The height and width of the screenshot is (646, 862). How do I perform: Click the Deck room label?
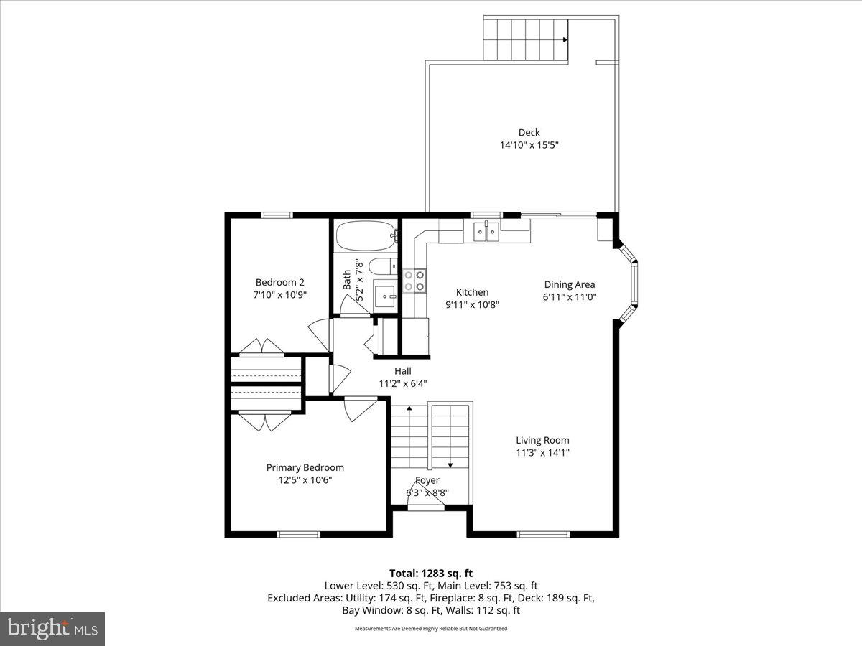click(529, 132)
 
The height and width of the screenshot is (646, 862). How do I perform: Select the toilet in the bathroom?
click(381, 266)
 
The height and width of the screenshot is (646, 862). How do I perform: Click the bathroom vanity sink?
click(386, 294)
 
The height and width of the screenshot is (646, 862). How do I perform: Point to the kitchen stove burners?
click(414, 280)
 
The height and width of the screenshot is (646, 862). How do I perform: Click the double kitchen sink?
click(486, 230)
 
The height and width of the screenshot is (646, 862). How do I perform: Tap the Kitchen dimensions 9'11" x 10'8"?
click(472, 304)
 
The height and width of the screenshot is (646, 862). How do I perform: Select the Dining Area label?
click(570, 284)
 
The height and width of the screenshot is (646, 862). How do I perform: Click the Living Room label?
click(542, 440)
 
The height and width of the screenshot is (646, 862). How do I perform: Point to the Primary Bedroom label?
click(305, 467)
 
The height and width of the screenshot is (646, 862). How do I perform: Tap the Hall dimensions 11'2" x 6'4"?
click(403, 383)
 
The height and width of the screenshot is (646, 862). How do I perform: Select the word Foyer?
click(427, 480)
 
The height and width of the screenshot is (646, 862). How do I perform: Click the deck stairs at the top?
click(525, 39)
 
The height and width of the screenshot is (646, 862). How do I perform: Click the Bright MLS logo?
click(52, 628)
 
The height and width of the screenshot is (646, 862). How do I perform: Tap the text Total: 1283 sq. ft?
click(431, 573)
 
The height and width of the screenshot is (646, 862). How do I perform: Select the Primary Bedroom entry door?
click(357, 409)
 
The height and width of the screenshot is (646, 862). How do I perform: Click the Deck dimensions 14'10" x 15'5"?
click(529, 145)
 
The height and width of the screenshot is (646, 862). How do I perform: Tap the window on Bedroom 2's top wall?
click(277, 215)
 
